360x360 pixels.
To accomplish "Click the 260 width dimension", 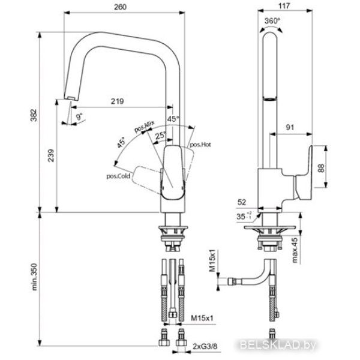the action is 120,7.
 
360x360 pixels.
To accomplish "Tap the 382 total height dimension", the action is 34,115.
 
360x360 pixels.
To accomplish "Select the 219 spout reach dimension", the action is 118,101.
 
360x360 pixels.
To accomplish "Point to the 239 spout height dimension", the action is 51,155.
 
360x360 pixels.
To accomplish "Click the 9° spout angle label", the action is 79,117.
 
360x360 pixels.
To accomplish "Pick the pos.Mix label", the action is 144,127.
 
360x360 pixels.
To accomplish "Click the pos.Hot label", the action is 200,145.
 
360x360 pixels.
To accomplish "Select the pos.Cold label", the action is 118,176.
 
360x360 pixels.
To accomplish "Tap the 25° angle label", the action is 160,135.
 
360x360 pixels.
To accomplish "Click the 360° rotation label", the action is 272,21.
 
